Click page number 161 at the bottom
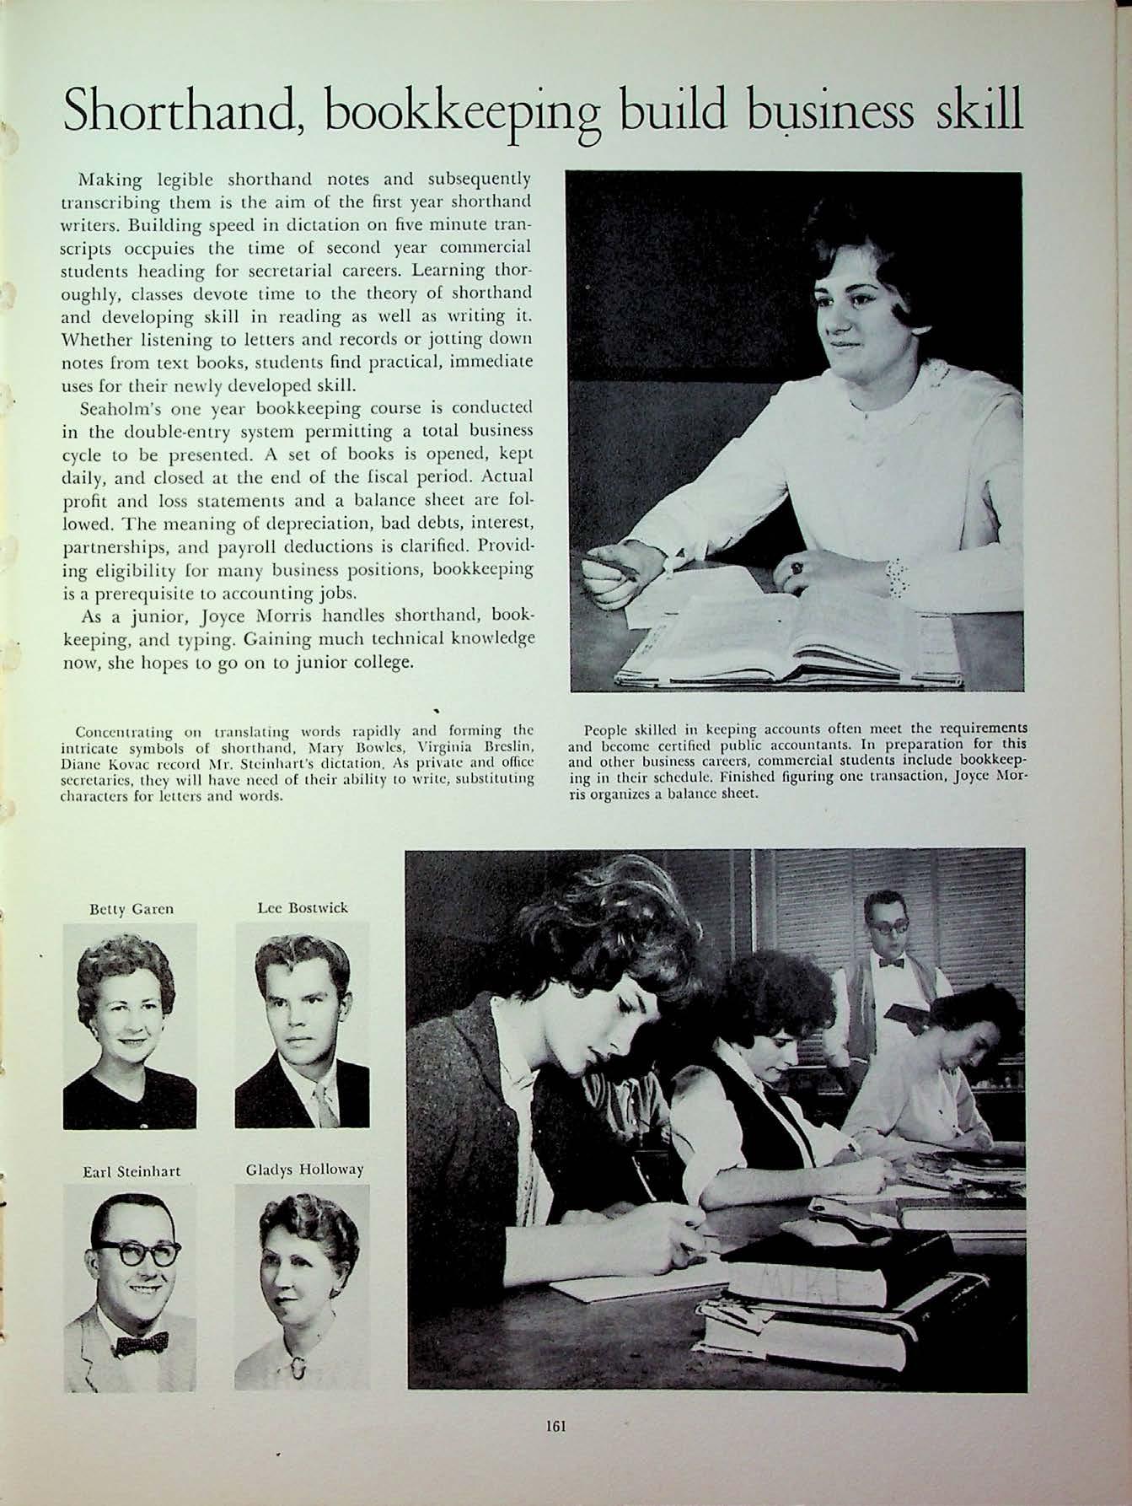555,1426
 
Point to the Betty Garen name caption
131,908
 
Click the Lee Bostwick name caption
302,907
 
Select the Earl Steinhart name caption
131,1171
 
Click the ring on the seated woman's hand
795,567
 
